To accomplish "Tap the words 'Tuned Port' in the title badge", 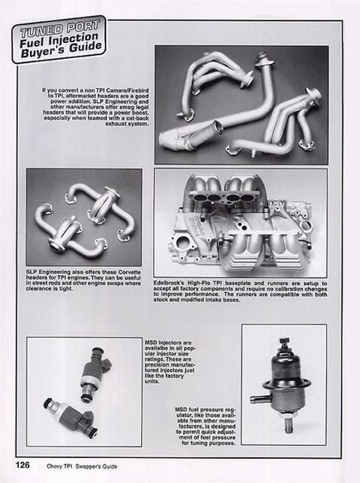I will (x=57, y=32).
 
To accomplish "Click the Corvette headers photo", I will (x=83, y=217).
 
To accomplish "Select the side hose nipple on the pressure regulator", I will (x=258, y=398).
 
